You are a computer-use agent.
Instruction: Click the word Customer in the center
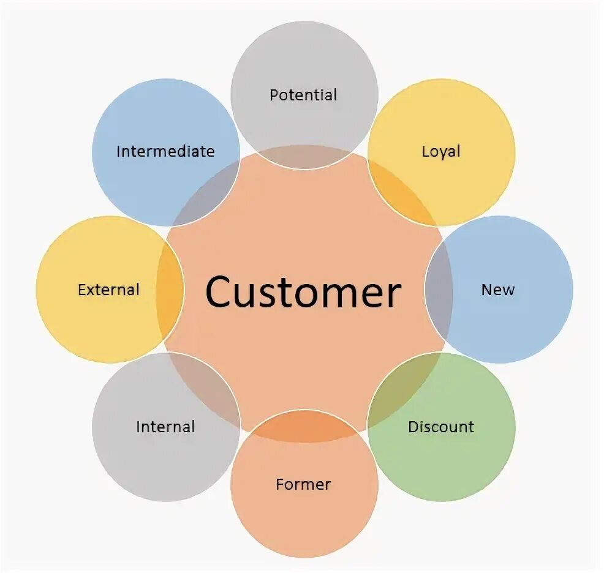303,292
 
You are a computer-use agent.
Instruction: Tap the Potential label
303,95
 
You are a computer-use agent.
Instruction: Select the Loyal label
440,151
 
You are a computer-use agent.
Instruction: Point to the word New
497,290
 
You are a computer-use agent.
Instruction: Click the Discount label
441,427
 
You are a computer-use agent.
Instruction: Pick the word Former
303,484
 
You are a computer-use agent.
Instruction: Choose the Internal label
165,427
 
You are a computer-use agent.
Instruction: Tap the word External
108,290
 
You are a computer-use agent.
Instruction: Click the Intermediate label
165,151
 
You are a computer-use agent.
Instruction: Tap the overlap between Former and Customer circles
304,426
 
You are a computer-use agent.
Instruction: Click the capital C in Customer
220,292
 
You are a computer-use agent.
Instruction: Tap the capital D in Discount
412,427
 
